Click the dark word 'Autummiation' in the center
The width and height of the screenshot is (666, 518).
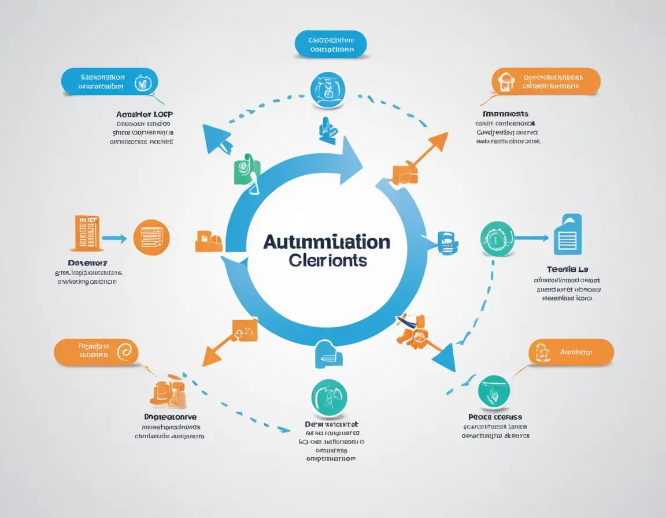click(327, 242)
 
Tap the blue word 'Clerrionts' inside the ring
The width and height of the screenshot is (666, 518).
click(327, 260)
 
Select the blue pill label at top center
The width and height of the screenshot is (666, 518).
click(331, 45)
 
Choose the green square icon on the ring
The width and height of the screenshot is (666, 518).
click(247, 171)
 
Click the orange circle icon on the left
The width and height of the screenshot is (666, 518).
click(151, 237)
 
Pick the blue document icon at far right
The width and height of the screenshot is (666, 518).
click(568, 234)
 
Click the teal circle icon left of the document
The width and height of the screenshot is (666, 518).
click(497, 238)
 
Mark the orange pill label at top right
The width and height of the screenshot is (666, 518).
click(546, 82)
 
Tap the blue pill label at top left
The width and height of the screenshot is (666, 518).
click(109, 82)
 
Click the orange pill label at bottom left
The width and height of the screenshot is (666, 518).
click(96, 351)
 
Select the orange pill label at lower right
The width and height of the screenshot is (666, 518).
click(571, 352)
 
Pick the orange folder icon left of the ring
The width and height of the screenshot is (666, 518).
click(209, 240)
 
